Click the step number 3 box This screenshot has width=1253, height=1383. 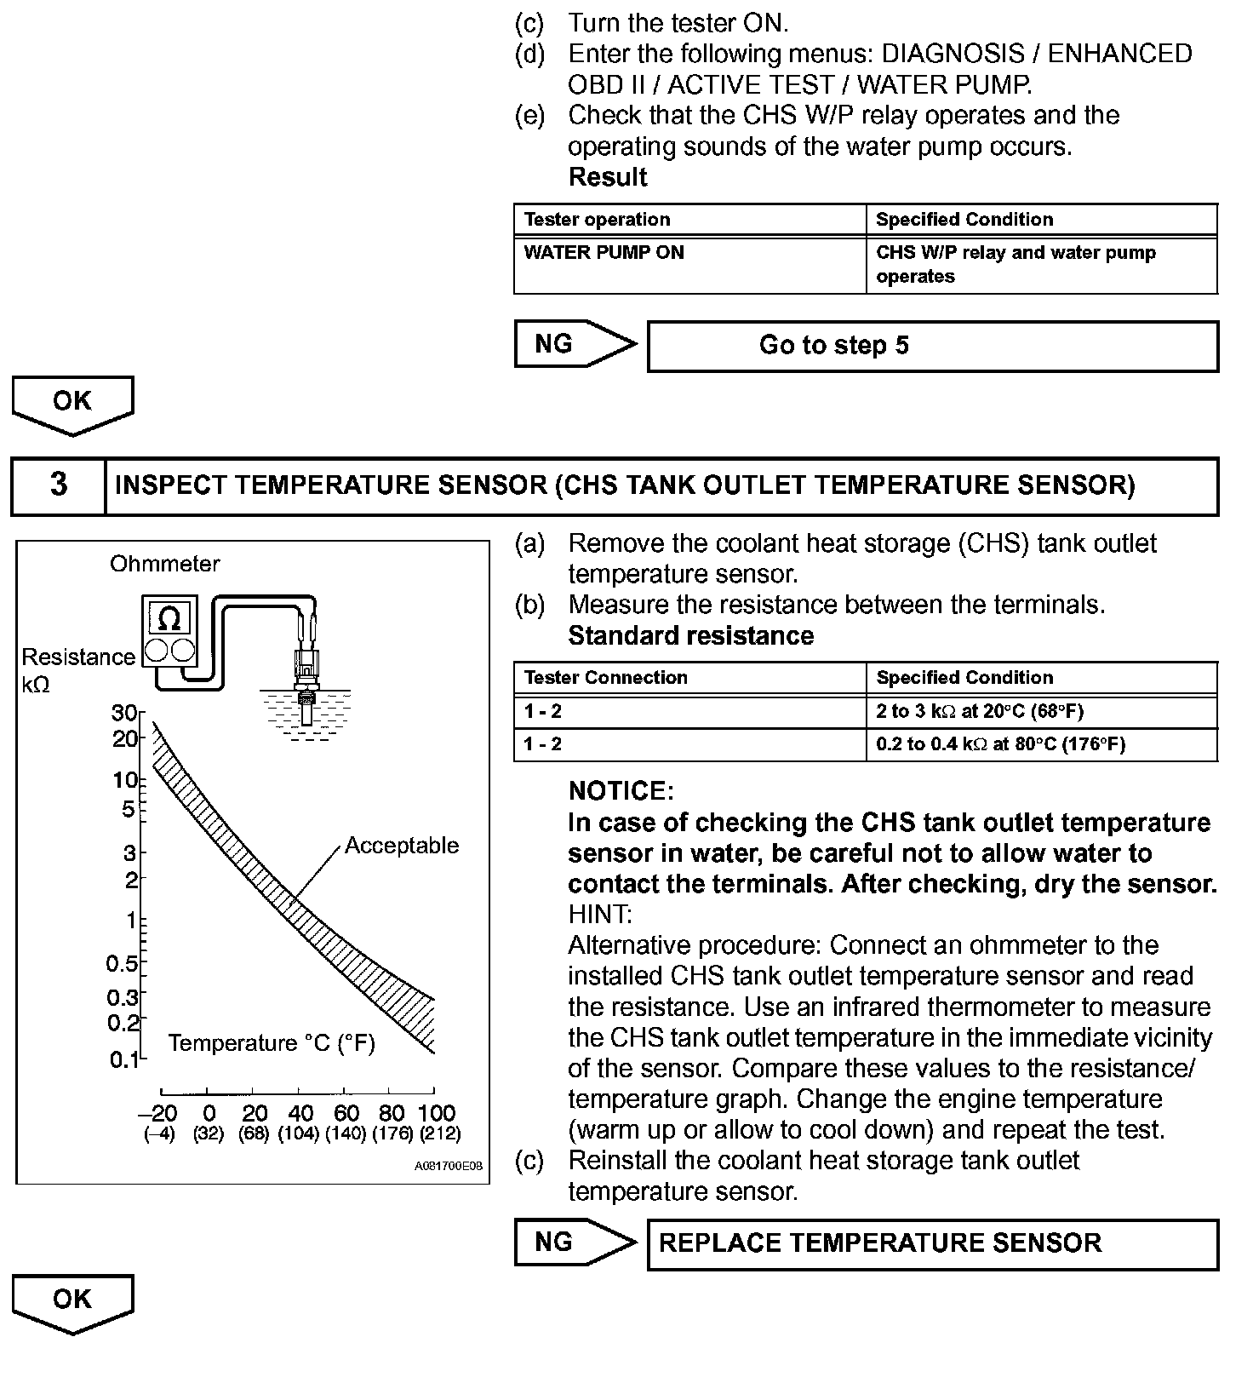58,486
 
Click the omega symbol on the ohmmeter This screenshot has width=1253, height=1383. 169,618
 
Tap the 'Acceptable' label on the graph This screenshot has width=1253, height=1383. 401,846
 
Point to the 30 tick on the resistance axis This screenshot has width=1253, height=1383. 124,713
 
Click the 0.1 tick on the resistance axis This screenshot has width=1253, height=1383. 124,1059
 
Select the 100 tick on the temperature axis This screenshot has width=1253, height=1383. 436,1113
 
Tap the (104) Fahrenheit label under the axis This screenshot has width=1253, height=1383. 299,1133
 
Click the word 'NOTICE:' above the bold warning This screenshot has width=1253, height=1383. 621,791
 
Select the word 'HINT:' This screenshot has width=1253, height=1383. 600,915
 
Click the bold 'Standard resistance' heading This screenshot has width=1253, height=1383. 690,636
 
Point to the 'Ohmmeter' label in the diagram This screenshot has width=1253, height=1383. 164,564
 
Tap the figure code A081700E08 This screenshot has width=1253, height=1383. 448,1166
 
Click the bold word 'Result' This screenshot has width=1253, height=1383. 607,177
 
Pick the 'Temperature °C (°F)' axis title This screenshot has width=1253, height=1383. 272,1043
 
